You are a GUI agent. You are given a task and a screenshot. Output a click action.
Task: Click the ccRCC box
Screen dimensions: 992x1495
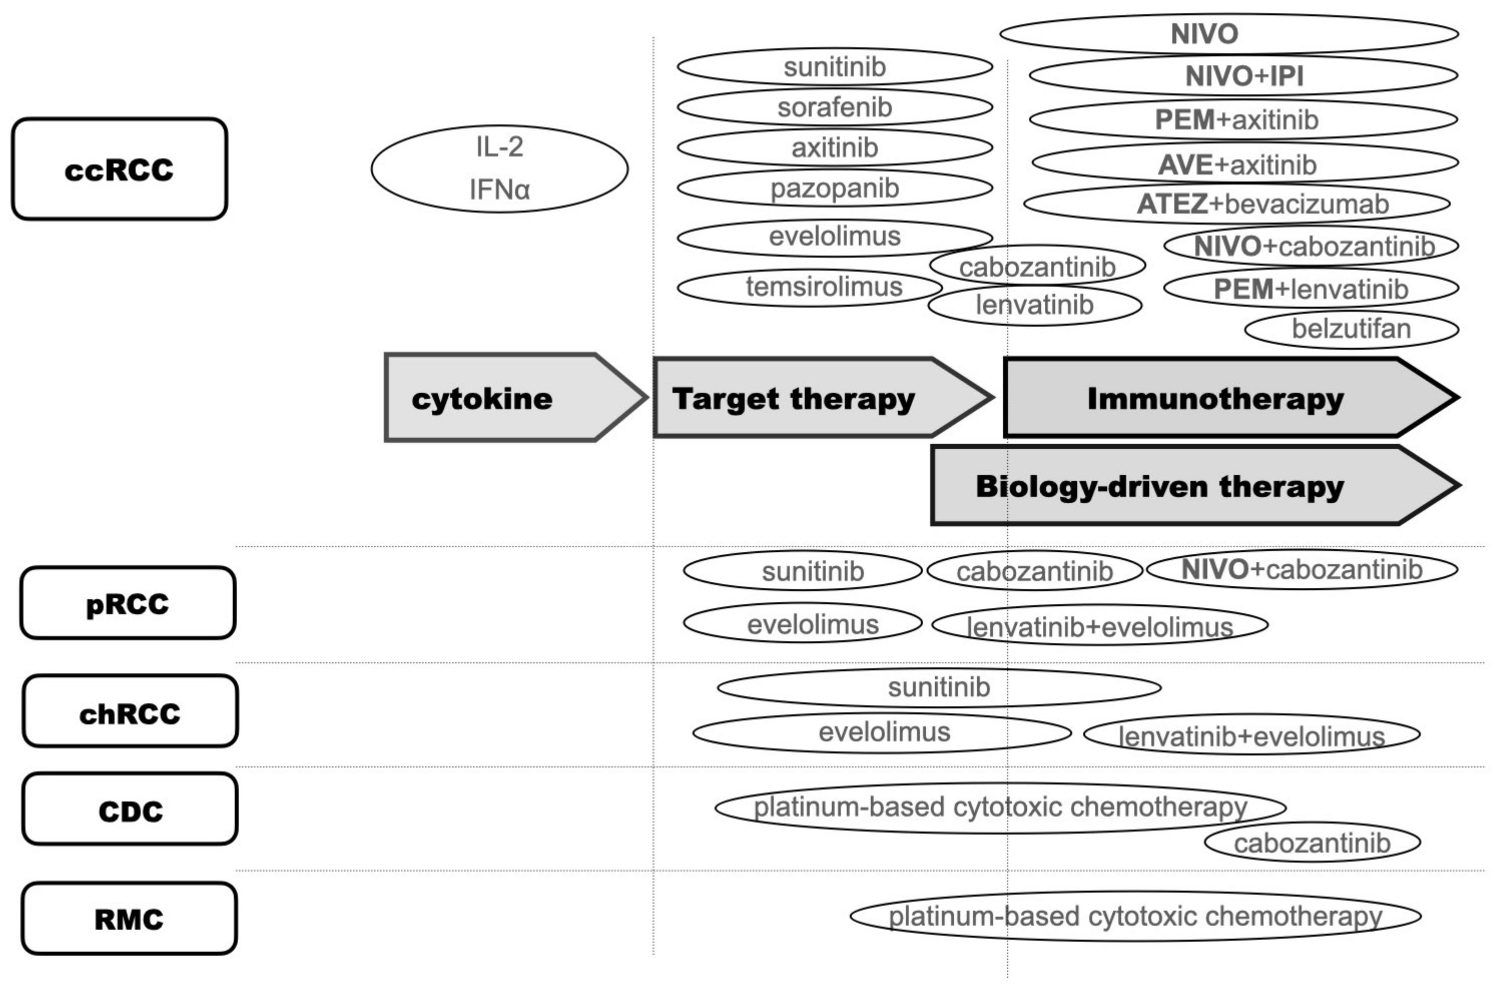pyautogui.click(x=119, y=169)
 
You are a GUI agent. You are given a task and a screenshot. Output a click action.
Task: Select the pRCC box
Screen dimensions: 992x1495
pyautogui.click(x=128, y=603)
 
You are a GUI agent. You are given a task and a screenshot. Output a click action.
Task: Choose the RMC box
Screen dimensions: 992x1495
pyautogui.click(x=129, y=918)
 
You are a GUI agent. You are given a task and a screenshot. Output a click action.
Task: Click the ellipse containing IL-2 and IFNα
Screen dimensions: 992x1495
pyautogui.click(x=499, y=168)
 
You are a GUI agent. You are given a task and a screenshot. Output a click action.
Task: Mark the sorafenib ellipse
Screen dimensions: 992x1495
pyautogui.click(x=834, y=107)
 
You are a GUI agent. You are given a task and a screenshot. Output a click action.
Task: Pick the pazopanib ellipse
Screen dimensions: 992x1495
pyautogui.click(x=834, y=188)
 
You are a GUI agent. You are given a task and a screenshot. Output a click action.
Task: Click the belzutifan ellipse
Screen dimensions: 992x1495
pyautogui.click(x=1351, y=329)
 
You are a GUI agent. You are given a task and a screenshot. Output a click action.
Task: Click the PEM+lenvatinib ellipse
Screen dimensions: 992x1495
pyautogui.click(x=1311, y=289)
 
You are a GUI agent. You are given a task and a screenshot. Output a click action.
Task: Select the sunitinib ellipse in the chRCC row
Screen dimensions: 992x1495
pyautogui.click(x=939, y=687)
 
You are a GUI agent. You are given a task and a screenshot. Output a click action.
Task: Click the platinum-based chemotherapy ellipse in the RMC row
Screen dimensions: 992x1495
pyautogui.click(x=1135, y=916)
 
